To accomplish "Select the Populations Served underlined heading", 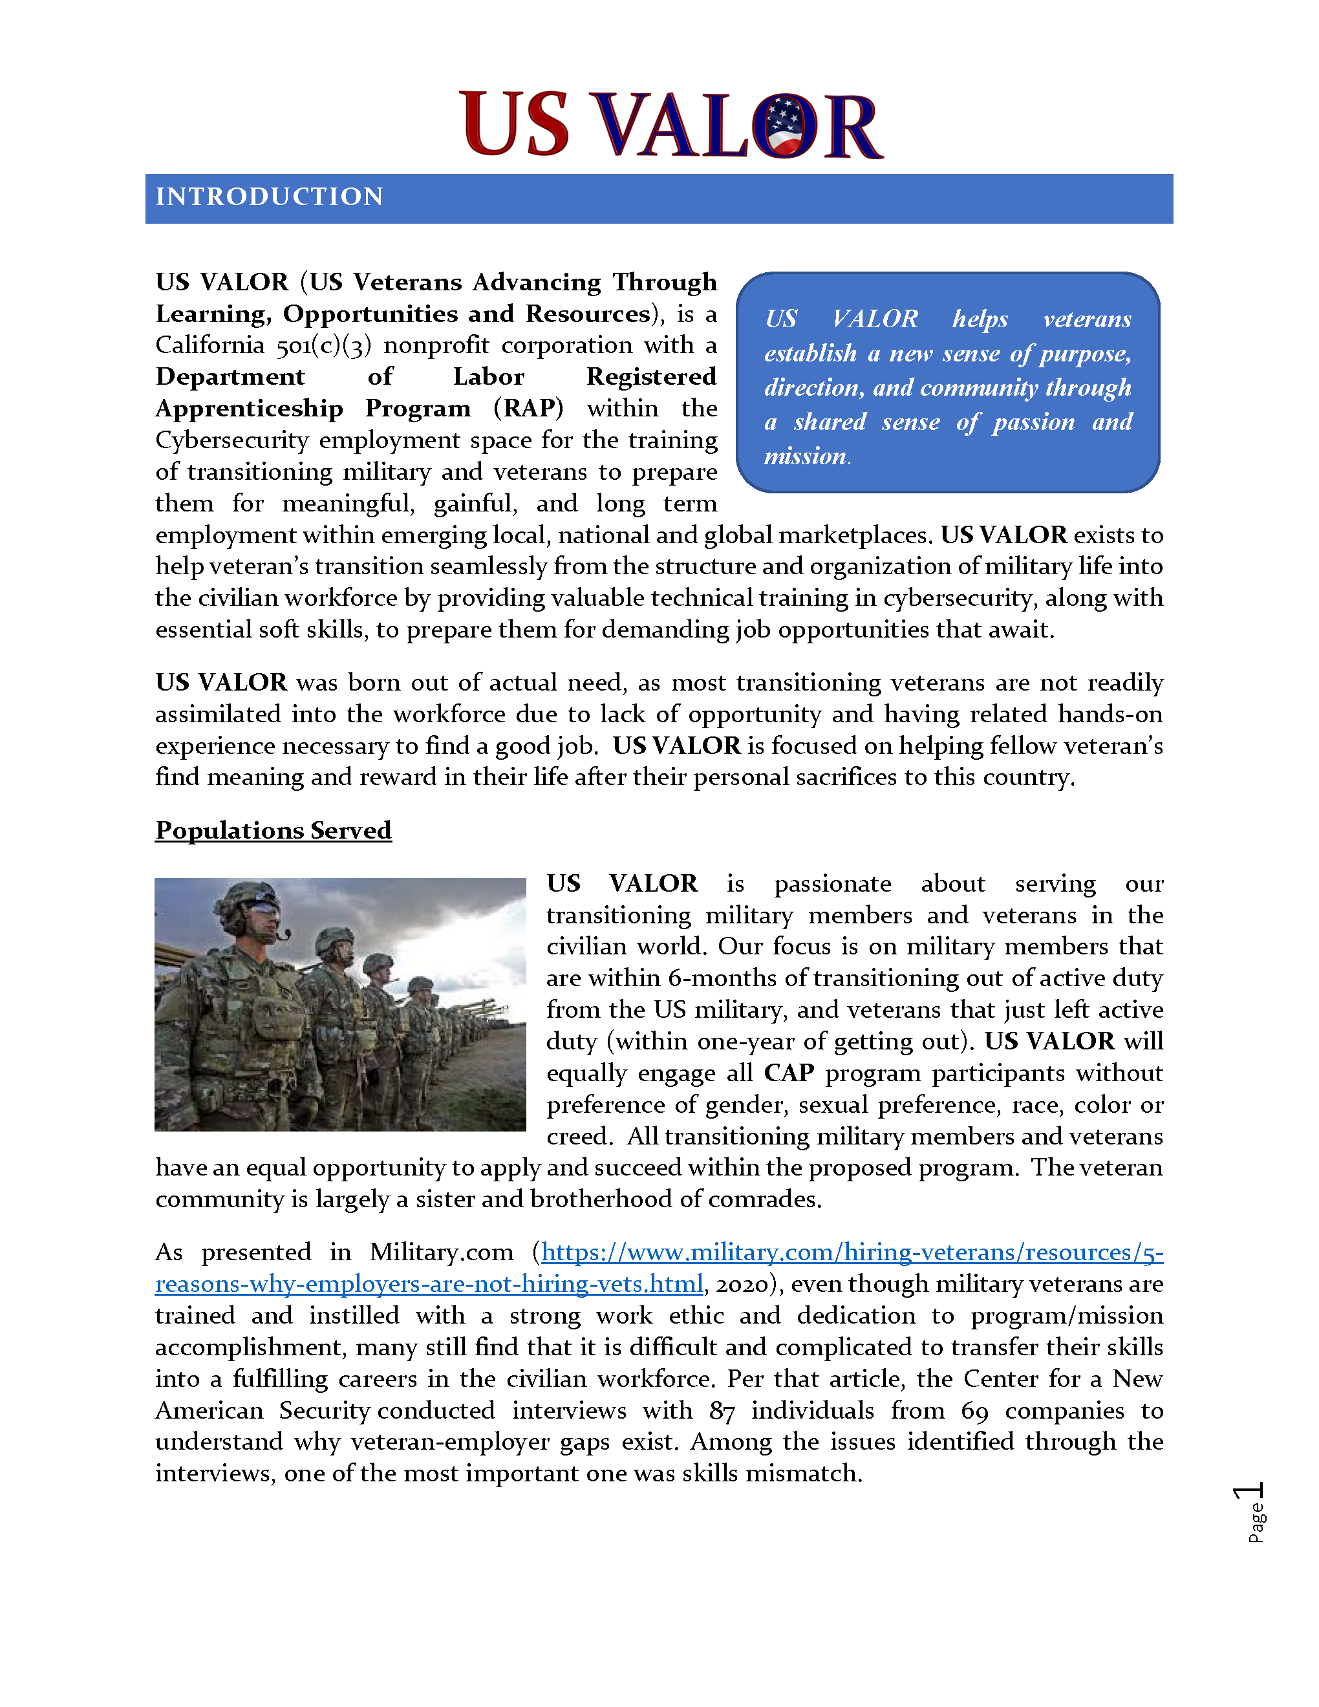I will coord(273,830).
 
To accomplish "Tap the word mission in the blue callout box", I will coord(805,456).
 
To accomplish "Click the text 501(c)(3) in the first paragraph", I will coord(323,345).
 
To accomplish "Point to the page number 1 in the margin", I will coord(1248,1492).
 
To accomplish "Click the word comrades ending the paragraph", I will coord(763,1199).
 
